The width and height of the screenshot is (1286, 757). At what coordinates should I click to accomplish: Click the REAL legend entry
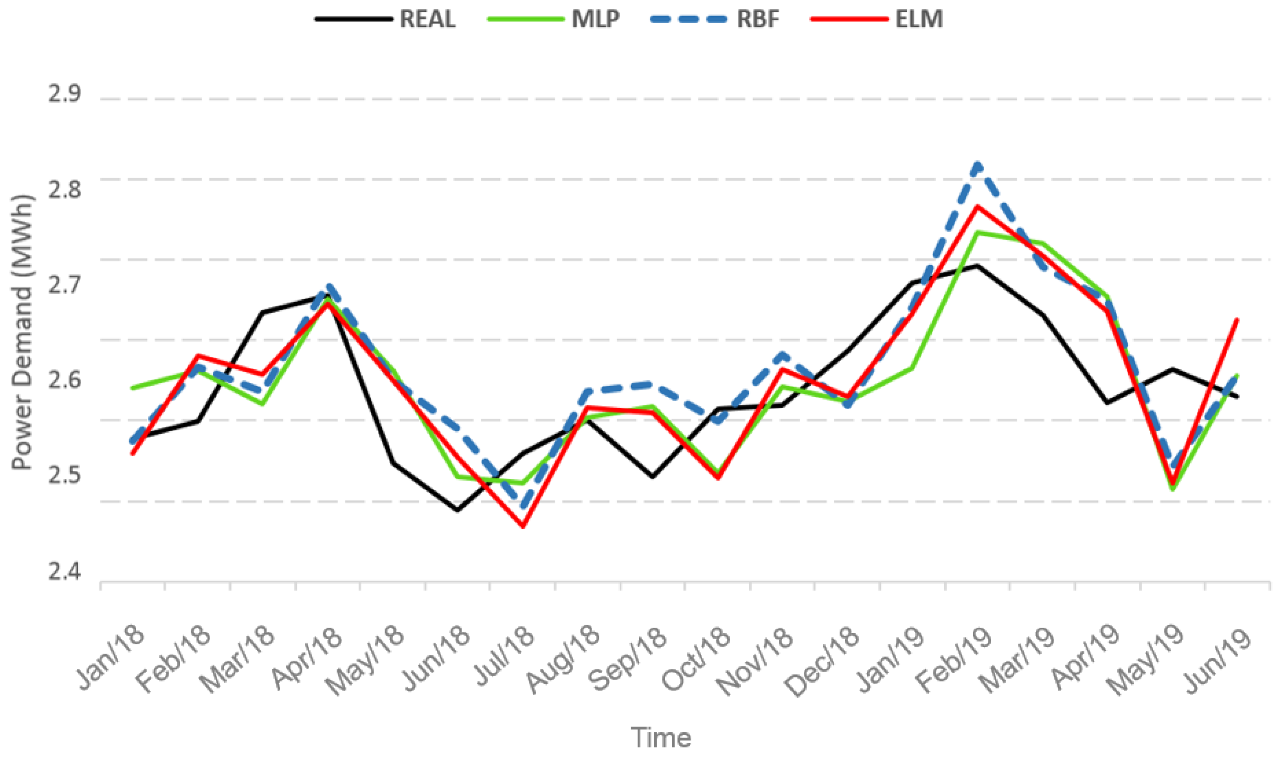click(427, 20)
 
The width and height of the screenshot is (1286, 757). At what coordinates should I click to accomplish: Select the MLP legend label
click(595, 20)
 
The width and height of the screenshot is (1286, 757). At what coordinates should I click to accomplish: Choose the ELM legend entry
click(918, 20)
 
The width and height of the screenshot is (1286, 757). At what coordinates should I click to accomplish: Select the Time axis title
click(661, 737)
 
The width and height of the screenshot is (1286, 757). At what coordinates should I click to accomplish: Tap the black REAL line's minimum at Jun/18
click(457, 510)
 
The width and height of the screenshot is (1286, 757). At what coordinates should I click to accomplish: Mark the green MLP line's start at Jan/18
click(133, 388)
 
